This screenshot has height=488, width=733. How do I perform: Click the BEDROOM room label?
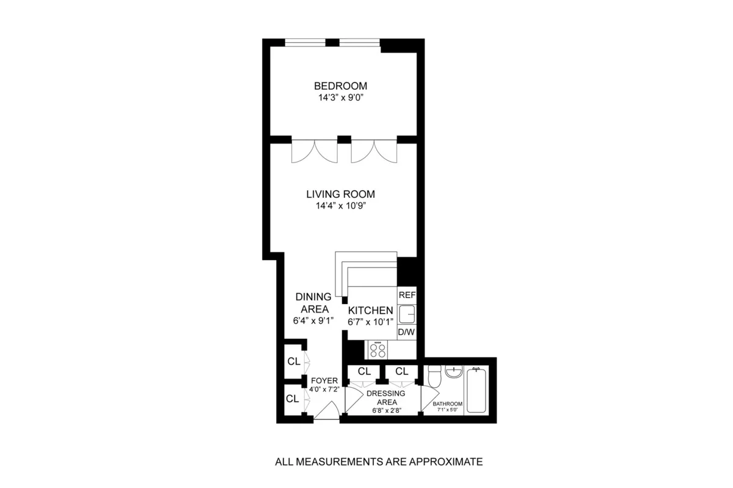pos(340,86)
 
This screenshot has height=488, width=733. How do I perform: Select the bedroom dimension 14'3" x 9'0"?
pos(340,97)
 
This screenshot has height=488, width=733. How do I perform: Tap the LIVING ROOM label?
pos(340,194)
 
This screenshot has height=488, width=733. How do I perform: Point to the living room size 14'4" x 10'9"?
pos(340,206)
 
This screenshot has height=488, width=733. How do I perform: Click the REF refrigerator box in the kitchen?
pos(407,295)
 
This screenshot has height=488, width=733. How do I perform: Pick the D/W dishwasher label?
pos(407,332)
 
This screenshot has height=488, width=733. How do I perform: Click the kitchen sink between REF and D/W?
pos(406,314)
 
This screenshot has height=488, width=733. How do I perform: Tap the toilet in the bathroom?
pos(434,378)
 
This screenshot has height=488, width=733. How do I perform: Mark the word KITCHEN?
pos(370,311)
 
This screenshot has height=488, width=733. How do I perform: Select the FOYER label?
pos(324,381)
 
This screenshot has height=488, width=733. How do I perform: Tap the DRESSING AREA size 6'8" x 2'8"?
pos(383,411)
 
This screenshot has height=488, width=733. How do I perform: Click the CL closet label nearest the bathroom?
pos(401,371)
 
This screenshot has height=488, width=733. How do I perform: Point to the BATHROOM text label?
pos(448,404)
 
